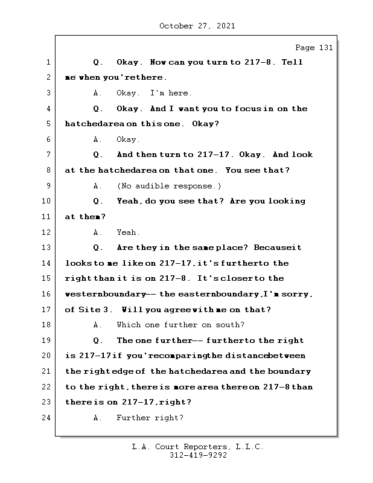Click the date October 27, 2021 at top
(197, 26)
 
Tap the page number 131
(322, 48)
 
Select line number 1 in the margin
(48, 62)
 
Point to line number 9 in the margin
(48, 186)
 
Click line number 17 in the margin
(46, 310)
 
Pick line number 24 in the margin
(46, 418)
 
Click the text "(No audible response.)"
(169, 186)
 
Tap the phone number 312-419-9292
(198, 456)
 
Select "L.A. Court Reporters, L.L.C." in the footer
(198, 447)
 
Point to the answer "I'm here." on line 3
(171, 93)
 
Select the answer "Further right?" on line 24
(150, 418)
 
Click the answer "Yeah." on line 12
(128, 232)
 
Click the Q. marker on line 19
(99, 341)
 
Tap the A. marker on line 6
(98, 139)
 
